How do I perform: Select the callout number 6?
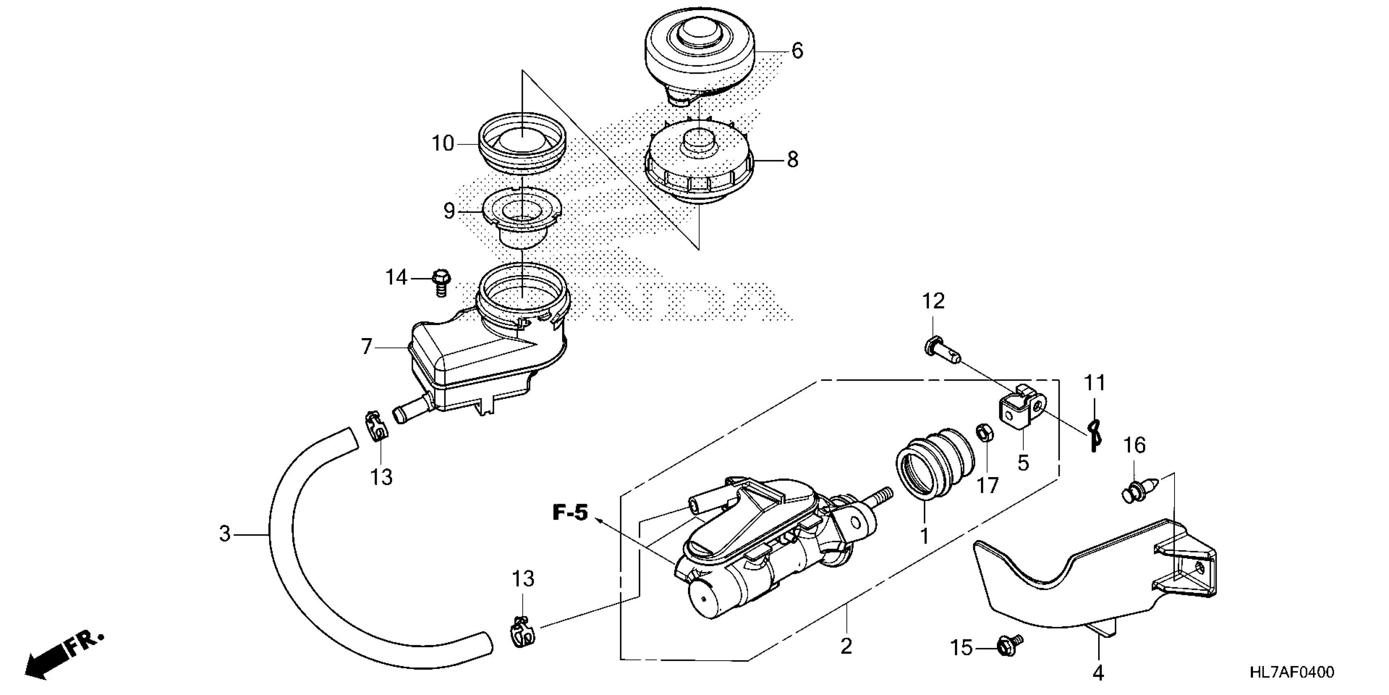pos(797,51)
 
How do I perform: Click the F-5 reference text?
pos(570,513)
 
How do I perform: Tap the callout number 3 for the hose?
pos(225,534)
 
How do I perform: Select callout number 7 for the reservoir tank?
pos(367,346)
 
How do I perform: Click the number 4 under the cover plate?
pos(1099,673)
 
